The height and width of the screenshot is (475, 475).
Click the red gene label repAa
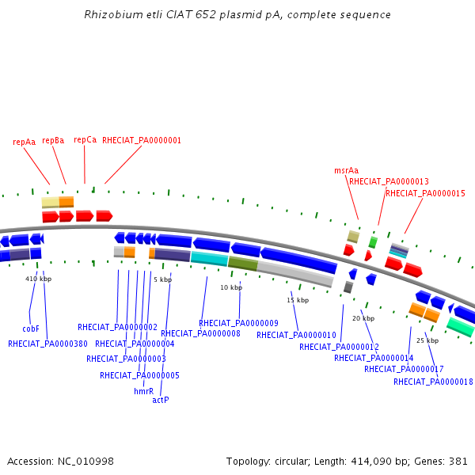pos(25,142)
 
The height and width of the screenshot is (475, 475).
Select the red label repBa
pos(53,140)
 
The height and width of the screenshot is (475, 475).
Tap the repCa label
pos(85,139)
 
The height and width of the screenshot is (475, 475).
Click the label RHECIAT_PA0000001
pos(142,140)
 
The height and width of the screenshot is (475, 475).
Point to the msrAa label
pos(346,170)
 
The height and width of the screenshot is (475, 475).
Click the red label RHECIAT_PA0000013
pos(389,181)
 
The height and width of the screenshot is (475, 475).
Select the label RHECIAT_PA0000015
pos(425,193)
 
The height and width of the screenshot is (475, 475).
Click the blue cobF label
pos(31,329)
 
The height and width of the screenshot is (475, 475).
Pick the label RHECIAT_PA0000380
pos(47,344)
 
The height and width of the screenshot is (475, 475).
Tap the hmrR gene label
pos(143,391)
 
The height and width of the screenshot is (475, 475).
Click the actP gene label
pos(160,400)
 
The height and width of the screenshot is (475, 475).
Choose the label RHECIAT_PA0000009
pos(238,323)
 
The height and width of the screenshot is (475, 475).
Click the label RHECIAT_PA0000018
pos(433,382)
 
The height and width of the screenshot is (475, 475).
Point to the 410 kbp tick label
pos(38,279)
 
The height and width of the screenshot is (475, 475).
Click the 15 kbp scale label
pos(298,300)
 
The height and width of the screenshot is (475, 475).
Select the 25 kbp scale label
pos(427,340)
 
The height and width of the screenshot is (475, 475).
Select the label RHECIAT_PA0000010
pos(296,335)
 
